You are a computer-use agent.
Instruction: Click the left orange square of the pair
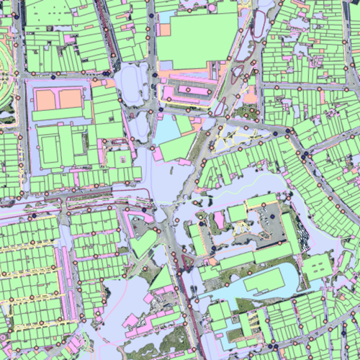click(x=46, y=99)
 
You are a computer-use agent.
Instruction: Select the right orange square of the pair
click(x=70, y=99)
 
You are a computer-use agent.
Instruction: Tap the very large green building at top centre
click(x=196, y=40)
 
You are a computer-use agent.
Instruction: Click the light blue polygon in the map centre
click(x=167, y=130)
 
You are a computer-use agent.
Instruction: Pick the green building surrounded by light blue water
click(x=264, y=282)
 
